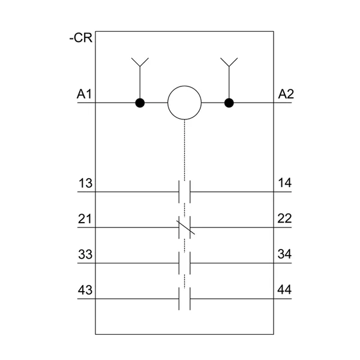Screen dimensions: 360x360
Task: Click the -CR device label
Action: click(81, 38)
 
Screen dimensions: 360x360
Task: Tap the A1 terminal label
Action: click(84, 94)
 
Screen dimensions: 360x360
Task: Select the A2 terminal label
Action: click(286, 94)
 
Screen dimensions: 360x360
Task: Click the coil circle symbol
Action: click(185, 103)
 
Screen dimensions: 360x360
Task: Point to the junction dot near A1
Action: click(140, 103)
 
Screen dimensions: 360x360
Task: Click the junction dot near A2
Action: click(229, 103)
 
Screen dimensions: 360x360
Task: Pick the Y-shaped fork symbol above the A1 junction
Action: click(140, 62)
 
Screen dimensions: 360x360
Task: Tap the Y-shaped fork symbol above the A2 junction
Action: click(229, 62)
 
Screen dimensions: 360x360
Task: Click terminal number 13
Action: click(85, 183)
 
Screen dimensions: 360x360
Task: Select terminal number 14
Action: click(284, 183)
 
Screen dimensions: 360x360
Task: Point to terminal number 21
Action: click(85, 218)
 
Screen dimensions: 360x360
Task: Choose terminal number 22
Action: click(284, 218)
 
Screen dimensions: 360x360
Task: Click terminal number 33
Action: click(85, 254)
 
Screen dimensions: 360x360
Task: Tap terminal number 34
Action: click(284, 254)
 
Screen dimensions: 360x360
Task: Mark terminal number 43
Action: click(85, 290)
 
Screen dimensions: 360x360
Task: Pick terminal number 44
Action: click(284, 290)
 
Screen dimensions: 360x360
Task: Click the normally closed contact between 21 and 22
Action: click(185, 227)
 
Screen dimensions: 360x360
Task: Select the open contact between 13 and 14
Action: click(185, 192)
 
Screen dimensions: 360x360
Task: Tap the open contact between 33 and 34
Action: click(185, 263)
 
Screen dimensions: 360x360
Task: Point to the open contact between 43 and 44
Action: click(185, 299)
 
